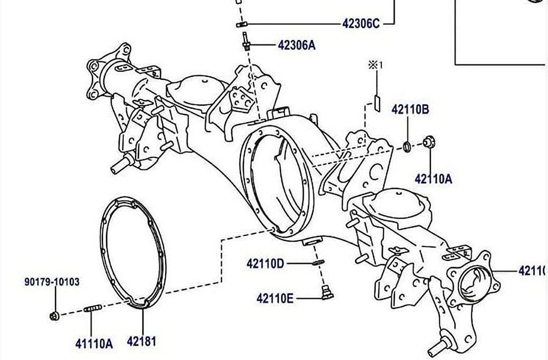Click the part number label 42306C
tap(361, 24)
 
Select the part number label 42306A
tap(296, 45)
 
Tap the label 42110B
tap(410, 110)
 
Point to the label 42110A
tap(433, 179)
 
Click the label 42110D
tap(265, 263)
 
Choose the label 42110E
tap(275, 299)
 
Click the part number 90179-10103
tap(52, 282)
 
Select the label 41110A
tap(93, 344)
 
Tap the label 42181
tap(141, 342)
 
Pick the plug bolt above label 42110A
tap(428, 142)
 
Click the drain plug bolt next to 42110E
tap(326, 291)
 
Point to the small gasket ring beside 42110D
tap(317, 263)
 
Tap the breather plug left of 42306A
tap(247, 42)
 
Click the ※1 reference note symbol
tap(375, 65)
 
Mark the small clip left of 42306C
tap(242, 24)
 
